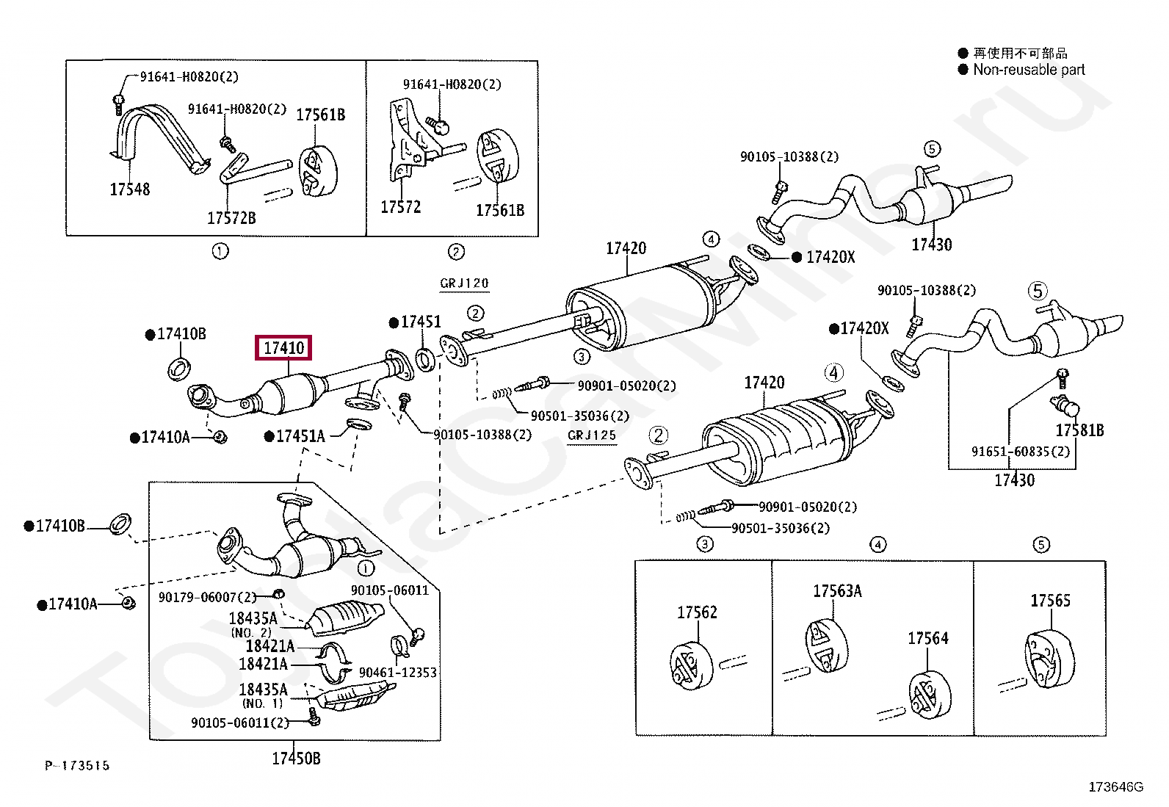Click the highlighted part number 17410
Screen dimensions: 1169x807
pyautogui.click(x=283, y=347)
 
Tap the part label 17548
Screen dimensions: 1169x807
pyautogui.click(x=129, y=189)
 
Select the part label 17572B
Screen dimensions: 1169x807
pyautogui.click(x=231, y=217)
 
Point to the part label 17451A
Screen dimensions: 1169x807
pyautogui.click(x=300, y=436)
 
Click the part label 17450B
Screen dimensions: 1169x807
pyautogui.click(x=296, y=758)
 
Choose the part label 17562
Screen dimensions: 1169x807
pyautogui.click(x=697, y=612)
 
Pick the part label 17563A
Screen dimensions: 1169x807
pyautogui.click(x=837, y=591)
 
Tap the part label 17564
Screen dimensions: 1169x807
pyautogui.click(x=928, y=638)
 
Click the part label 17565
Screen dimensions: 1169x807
pyautogui.click(x=1050, y=600)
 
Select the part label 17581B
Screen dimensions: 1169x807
pyautogui.click(x=1079, y=430)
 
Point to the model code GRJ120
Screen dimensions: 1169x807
pyautogui.click(x=464, y=283)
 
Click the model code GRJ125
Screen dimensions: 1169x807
pyautogui.click(x=591, y=435)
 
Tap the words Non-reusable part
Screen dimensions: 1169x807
pyautogui.click(x=1029, y=70)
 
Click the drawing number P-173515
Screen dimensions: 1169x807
pyautogui.click(x=77, y=766)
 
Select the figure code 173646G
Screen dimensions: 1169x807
pyautogui.click(x=1116, y=786)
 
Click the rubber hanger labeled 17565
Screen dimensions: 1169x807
pyautogui.click(x=1049, y=660)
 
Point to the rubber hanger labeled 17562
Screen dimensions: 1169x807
pyautogui.click(x=691, y=666)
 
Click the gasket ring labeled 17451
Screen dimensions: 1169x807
pyautogui.click(x=425, y=360)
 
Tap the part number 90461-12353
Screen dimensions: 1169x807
pyautogui.click(x=398, y=673)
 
